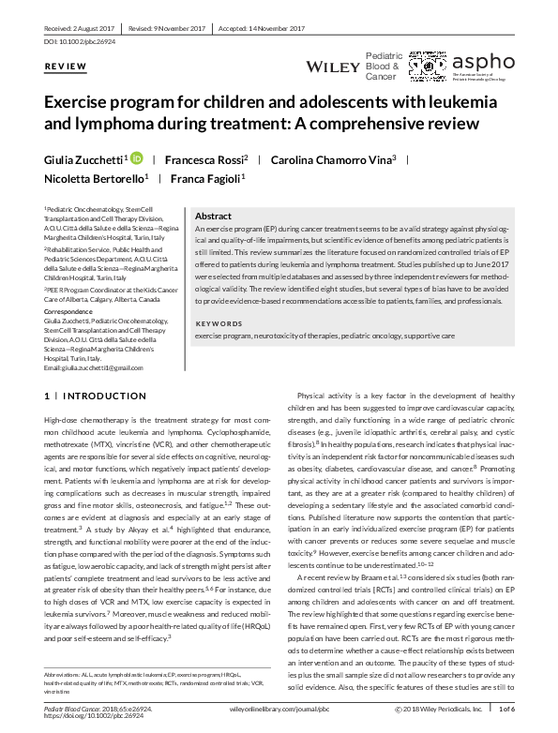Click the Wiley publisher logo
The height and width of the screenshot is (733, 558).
(x=332, y=67)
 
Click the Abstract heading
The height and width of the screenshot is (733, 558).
(x=213, y=216)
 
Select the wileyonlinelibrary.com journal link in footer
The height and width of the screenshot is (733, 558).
(x=272, y=711)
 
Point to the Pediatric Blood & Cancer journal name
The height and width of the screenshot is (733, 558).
(x=383, y=67)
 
